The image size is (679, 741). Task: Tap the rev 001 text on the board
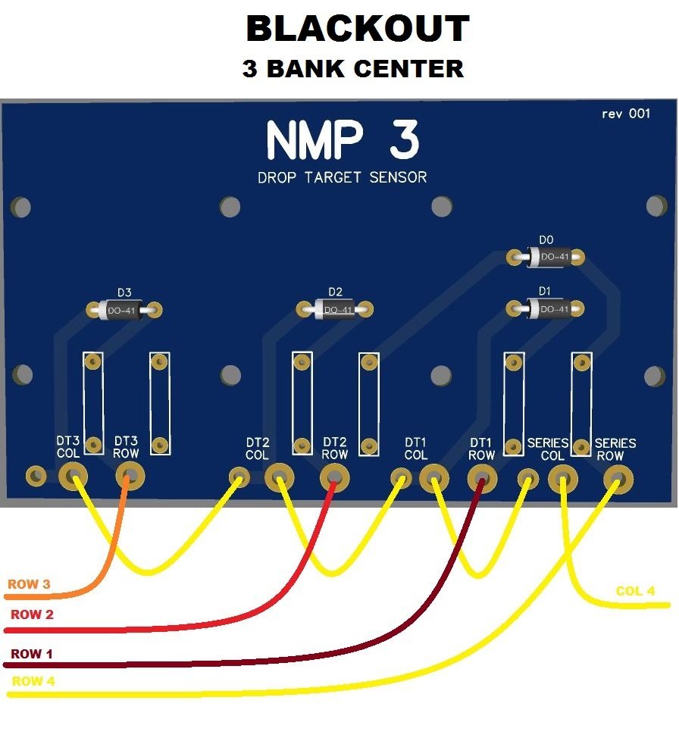click(x=625, y=114)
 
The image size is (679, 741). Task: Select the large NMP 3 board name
click(x=343, y=142)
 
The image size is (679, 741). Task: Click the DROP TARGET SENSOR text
click(x=343, y=178)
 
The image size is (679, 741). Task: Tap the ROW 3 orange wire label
click(x=29, y=585)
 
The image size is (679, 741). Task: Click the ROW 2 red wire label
click(x=32, y=614)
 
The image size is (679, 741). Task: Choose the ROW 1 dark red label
click(x=32, y=654)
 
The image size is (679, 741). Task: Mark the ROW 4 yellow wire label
click(x=33, y=681)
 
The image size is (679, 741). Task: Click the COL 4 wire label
click(x=635, y=591)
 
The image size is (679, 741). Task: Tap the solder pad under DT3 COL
click(x=73, y=477)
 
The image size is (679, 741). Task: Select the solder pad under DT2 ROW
click(x=334, y=477)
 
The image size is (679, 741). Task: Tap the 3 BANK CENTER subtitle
click(x=352, y=69)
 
